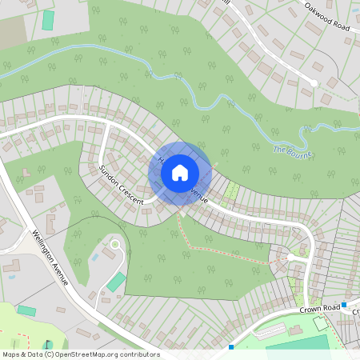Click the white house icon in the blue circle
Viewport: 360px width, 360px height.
pyautogui.click(x=180, y=171)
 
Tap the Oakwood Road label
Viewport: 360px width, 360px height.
pyautogui.click(x=327, y=17)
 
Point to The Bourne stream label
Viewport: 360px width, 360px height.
pyautogui.click(x=291, y=150)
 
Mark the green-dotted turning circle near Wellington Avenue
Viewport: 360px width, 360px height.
pyautogui.click(x=115, y=243)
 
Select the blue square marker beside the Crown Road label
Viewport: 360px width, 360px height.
pyautogui.click(x=344, y=305)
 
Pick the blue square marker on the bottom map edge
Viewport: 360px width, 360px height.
pyautogui.click(x=230, y=347)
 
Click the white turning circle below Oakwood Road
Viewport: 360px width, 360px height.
pyautogui.click(x=314, y=82)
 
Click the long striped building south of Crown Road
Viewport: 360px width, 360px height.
pyautogui.click(x=270, y=330)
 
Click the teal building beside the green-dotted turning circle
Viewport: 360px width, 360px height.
pyautogui.click(x=117, y=282)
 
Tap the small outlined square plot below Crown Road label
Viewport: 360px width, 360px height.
pyautogui.click(x=321, y=324)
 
